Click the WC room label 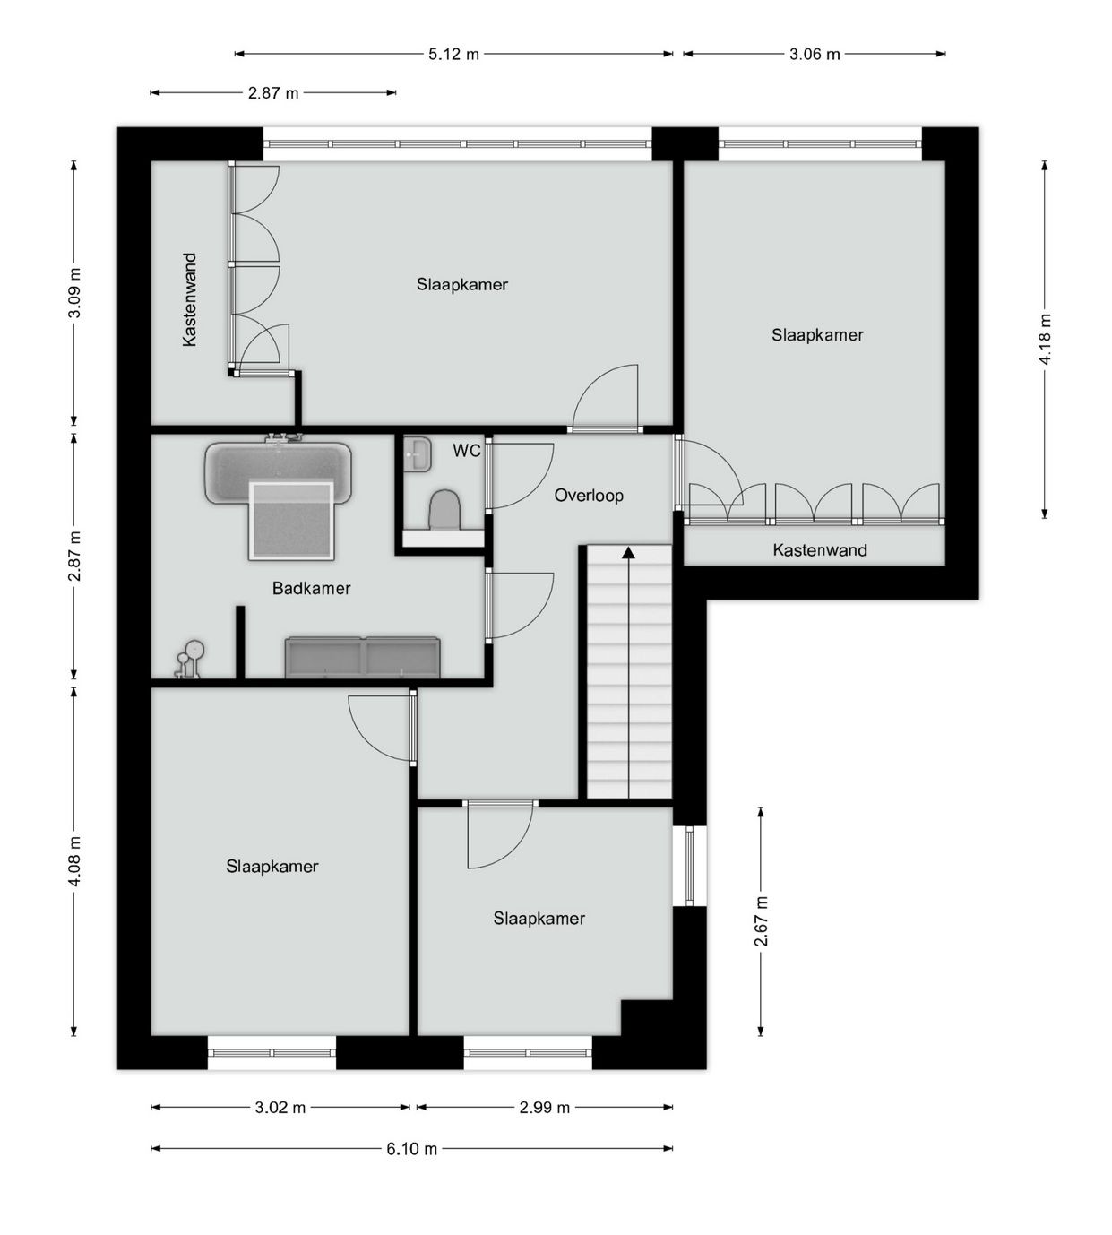click(x=466, y=451)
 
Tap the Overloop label click(x=589, y=496)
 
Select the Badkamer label click(x=311, y=589)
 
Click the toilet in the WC click(x=444, y=510)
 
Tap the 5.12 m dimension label click(x=453, y=54)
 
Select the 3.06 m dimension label click(x=815, y=54)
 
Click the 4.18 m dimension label click(x=1045, y=340)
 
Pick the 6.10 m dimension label click(x=412, y=1149)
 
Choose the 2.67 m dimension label click(x=761, y=921)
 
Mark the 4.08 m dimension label click(x=73, y=861)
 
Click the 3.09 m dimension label click(x=73, y=293)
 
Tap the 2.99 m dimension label click(x=544, y=1108)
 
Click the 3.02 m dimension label click(x=280, y=1108)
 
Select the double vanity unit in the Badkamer click(x=362, y=657)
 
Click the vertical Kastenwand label click(x=190, y=299)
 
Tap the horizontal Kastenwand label click(x=820, y=549)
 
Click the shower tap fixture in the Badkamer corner click(x=189, y=660)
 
